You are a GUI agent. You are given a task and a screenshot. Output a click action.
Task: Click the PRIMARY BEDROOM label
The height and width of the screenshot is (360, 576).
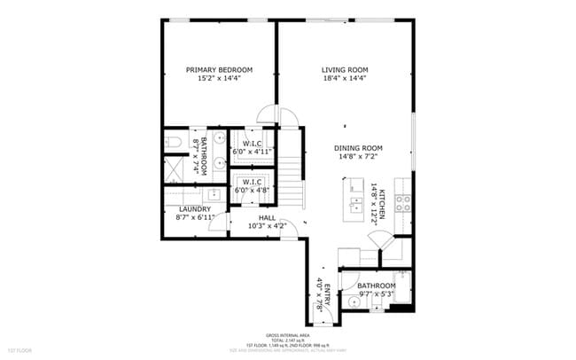(x=219, y=70)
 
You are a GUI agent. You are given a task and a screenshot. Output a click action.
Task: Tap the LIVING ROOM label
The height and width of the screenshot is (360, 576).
(x=345, y=70)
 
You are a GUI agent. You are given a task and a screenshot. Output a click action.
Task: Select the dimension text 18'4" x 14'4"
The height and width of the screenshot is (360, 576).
(x=345, y=79)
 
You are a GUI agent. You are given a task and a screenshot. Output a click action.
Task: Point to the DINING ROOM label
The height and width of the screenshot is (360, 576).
(x=358, y=148)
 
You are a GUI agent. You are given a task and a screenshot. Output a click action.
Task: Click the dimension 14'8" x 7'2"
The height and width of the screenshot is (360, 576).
(x=358, y=157)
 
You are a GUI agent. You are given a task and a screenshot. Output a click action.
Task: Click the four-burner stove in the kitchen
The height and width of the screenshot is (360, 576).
(x=403, y=200)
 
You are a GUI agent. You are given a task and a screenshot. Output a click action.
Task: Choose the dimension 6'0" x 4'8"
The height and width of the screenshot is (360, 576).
(x=252, y=190)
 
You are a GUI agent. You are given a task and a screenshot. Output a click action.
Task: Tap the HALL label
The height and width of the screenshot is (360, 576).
(x=268, y=217)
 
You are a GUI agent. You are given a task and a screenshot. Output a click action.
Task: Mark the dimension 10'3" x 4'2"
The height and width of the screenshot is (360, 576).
(x=268, y=226)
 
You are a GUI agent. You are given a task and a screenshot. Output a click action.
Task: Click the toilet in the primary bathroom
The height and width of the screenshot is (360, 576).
(x=173, y=142)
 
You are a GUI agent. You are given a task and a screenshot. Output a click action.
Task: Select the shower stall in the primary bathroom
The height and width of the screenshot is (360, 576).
(x=175, y=166)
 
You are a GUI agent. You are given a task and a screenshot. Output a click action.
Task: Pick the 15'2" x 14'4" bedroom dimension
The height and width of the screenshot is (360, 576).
(x=219, y=79)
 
